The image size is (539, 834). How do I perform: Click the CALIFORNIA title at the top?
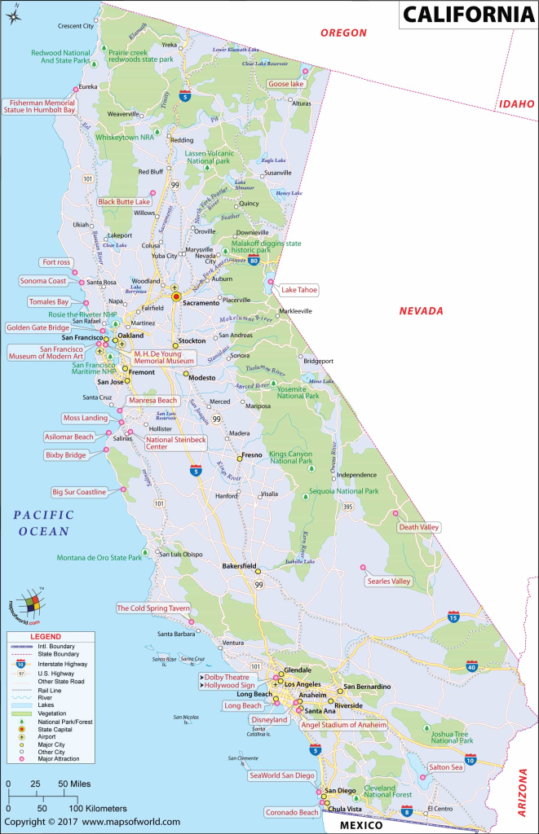[x=467, y=14]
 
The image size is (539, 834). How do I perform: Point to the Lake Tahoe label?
[x=299, y=289]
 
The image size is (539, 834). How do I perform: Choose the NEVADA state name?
[x=421, y=311]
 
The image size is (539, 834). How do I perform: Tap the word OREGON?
[x=343, y=33]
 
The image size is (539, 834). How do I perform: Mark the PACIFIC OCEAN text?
[x=43, y=523]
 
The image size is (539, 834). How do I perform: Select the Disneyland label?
[x=269, y=720]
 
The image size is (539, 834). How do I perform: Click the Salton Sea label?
[x=446, y=767]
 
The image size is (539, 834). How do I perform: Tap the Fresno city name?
[x=254, y=457]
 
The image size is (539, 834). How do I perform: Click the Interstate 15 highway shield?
[x=454, y=618]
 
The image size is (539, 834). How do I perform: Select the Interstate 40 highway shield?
[x=471, y=667]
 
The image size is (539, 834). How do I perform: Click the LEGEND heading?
[x=46, y=635]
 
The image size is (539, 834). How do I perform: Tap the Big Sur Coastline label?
[x=79, y=492]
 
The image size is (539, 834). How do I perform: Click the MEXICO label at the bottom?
[x=361, y=825]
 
